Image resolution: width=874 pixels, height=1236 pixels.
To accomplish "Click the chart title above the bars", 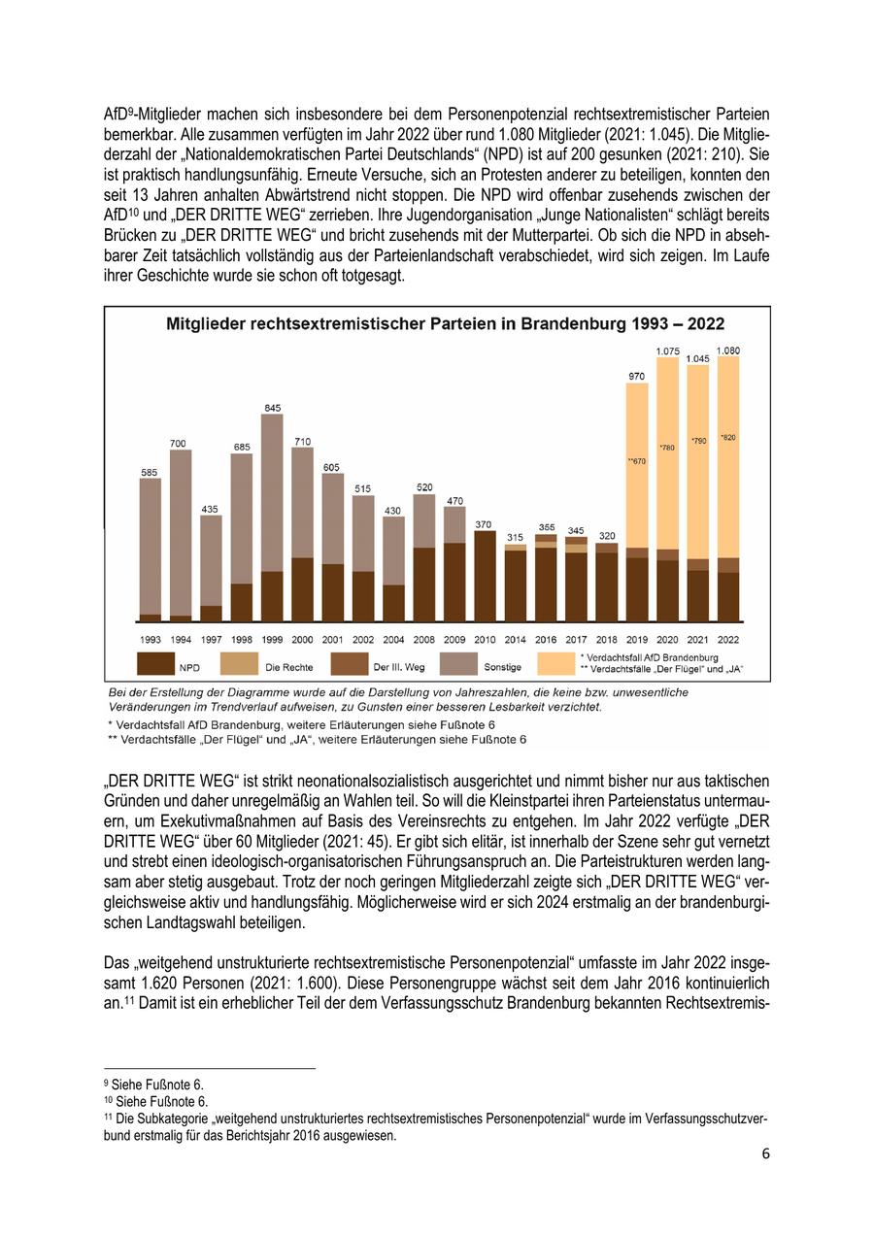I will click(x=446, y=324).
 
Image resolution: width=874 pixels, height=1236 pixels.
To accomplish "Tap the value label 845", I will click(x=272, y=408).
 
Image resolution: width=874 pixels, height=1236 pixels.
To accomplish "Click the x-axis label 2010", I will click(x=485, y=640).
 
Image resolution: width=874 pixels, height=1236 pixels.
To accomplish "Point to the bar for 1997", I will click(x=211, y=568).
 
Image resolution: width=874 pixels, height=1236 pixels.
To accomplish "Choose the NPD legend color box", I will click(x=155, y=664).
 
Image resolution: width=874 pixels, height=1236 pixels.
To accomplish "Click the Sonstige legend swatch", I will click(x=459, y=664).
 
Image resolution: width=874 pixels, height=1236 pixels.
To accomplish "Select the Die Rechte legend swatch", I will click(x=239, y=664).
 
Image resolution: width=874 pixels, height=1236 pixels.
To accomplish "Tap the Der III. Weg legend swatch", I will click(x=349, y=664).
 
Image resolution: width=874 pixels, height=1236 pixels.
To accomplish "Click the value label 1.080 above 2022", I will click(x=728, y=351).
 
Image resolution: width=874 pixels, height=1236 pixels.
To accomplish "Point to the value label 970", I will click(x=636, y=376).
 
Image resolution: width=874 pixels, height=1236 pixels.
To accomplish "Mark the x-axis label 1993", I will click(x=151, y=640).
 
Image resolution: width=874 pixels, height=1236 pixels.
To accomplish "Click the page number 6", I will click(x=766, y=1153).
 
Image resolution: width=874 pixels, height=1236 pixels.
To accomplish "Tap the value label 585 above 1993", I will click(x=150, y=472).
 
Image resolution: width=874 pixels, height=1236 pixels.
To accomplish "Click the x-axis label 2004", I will click(x=393, y=640).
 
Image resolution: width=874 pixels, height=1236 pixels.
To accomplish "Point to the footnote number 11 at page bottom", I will click(x=108, y=1117).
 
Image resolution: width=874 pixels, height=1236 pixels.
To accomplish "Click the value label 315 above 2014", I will click(x=516, y=537).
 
